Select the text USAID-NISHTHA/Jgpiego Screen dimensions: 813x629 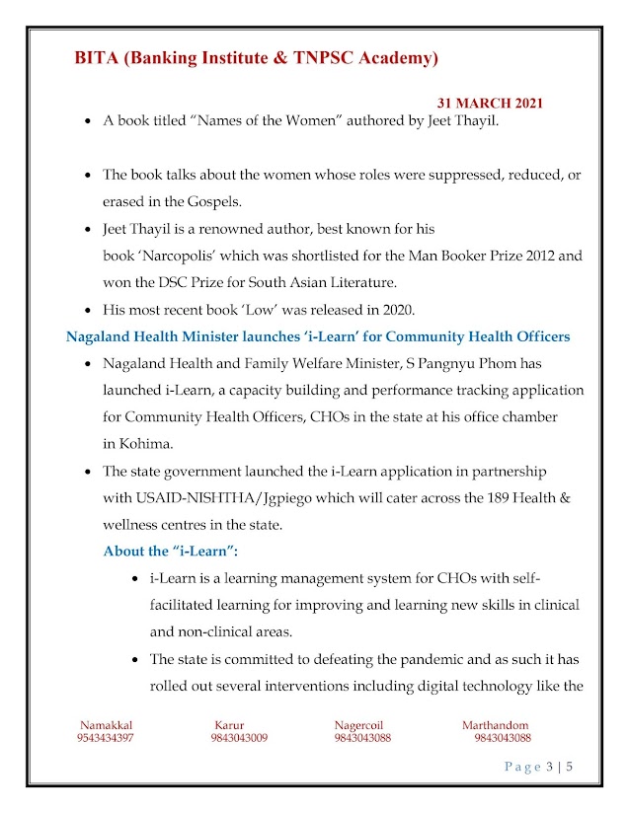pos(198,498)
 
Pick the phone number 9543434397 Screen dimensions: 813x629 pos(106,738)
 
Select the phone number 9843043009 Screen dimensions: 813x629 pos(238,738)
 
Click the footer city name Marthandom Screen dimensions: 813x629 pos(495,725)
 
